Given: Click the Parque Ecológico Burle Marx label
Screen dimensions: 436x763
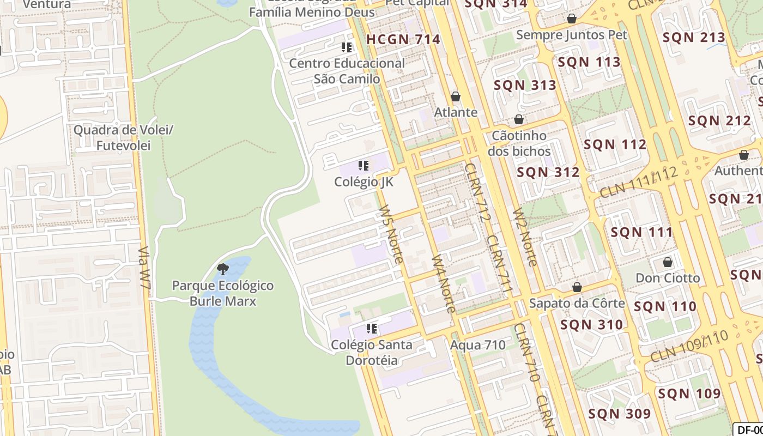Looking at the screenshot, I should (223, 293).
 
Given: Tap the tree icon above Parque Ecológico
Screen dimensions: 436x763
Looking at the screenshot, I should (222, 268).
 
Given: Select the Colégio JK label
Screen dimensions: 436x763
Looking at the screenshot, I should (364, 181).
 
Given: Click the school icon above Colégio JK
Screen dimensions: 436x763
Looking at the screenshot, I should (364, 165).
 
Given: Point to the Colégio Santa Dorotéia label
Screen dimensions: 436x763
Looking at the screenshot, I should (372, 352).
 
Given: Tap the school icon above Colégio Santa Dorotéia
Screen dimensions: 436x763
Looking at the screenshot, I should (372, 329).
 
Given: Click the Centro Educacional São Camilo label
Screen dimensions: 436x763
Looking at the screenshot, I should (347, 71).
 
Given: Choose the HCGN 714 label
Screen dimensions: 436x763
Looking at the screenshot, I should (403, 39).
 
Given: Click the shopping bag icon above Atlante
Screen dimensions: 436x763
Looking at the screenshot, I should (456, 97).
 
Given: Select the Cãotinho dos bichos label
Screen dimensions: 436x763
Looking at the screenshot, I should (519, 143).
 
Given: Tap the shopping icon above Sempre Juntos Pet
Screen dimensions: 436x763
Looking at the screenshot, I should (572, 19).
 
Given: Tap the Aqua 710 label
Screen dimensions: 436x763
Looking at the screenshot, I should (477, 345).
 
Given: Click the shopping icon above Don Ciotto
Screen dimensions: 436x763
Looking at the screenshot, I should (668, 263).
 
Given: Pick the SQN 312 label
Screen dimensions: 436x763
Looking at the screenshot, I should (548, 172).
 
